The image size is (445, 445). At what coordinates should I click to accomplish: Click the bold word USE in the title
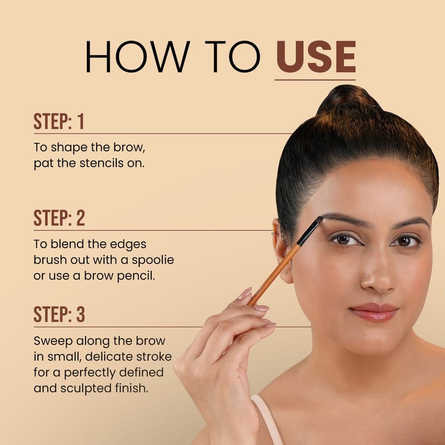(x=316, y=57)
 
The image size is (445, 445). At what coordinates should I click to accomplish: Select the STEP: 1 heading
(x=59, y=121)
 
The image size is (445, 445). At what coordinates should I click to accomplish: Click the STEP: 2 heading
(x=60, y=218)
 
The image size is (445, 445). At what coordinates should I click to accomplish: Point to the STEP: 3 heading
(x=60, y=314)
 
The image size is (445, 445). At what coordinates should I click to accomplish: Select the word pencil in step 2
(x=136, y=276)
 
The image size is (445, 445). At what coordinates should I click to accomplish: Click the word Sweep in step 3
(x=53, y=342)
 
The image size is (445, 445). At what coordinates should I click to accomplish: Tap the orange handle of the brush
(x=274, y=275)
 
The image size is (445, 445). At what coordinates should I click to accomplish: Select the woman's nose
(x=378, y=273)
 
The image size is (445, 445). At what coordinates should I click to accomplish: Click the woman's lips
(x=374, y=312)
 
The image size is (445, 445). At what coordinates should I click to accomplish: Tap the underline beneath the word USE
(x=315, y=80)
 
